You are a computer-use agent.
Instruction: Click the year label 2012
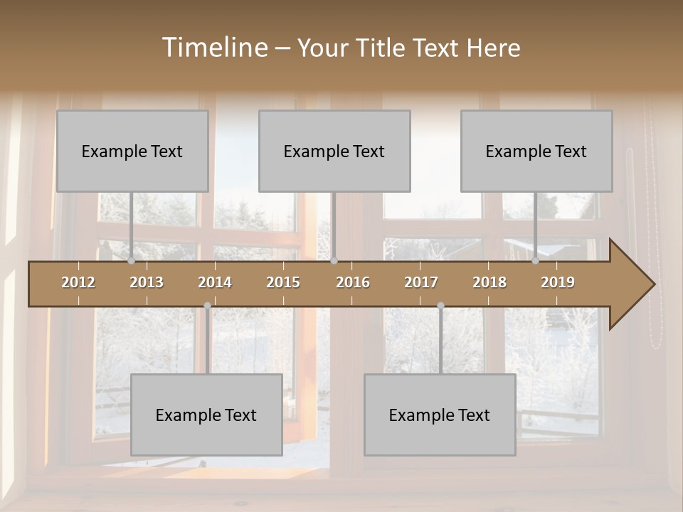[x=78, y=282]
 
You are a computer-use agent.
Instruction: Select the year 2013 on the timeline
[x=147, y=282]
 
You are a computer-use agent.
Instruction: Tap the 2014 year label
[x=215, y=282]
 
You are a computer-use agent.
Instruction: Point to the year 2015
[x=283, y=282]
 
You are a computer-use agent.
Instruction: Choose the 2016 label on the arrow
[x=353, y=282]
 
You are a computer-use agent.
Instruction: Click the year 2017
[x=421, y=282]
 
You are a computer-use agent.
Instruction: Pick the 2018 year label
[x=489, y=282]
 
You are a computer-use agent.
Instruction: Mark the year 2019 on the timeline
[x=558, y=282]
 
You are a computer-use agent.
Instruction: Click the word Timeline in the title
[x=214, y=48]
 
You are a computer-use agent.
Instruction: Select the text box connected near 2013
[x=132, y=151]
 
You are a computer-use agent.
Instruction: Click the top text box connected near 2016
[x=334, y=151]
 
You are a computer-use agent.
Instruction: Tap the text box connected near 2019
[x=536, y=151]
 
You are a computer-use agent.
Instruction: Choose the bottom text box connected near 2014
[x=206, y=415]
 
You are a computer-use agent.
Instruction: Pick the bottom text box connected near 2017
[x=440, y=415]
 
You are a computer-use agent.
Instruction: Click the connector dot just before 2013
[x=131, y=261]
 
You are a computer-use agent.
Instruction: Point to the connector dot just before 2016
[x=334, y=261]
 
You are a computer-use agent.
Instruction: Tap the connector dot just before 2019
[x=535, y=261]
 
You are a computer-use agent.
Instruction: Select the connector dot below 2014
[x=207, y=306]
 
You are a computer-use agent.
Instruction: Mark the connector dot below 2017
[x=440, y=306]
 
